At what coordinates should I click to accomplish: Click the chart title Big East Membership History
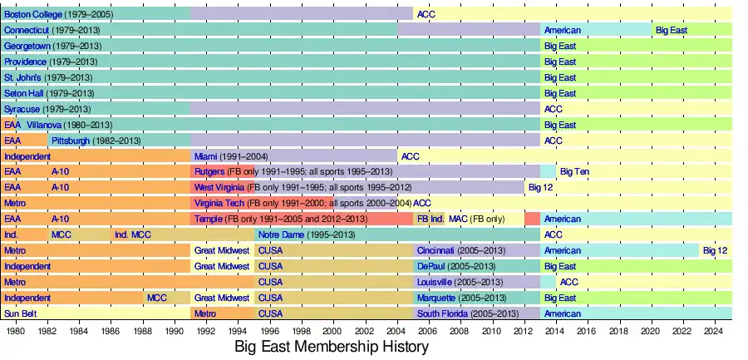pyautogui.click(x=331, y=346)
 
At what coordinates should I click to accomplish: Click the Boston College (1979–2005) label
pyautogui.click(x=53, y=14)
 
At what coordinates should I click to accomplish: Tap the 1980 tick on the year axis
pyautogui.click(x=15, y=330)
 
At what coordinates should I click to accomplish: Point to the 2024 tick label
pyautogui.click(x=713, y=330)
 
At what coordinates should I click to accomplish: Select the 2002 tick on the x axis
pyautogui.click(x=365, y=330)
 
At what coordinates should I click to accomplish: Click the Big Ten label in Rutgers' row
pyautogui.click(x=574, y=171)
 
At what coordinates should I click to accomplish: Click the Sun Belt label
pyautogui.click(x=19, y=313)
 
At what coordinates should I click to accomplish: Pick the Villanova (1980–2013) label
pyautogui.click(x=71, y=125)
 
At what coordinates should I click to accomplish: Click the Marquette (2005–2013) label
pyautogui.click(x=461, y=298)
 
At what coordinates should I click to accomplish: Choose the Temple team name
pyautogui.click(x=208, y=219)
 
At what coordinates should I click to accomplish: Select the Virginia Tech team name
pyautogui.click(x=219, y=203)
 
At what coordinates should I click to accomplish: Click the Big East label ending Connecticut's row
pyautogui.click(x=672, y=30)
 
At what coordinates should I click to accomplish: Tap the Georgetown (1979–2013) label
pyautogui.click(x=51, y=46)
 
